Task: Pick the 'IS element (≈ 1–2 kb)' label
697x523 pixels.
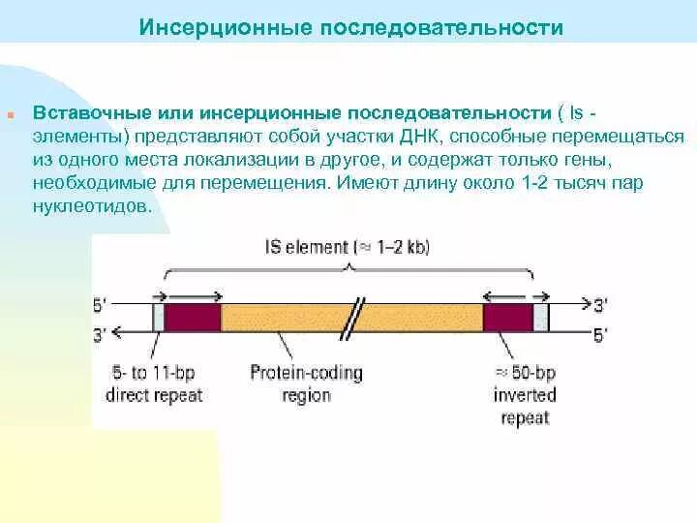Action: click(348, 247)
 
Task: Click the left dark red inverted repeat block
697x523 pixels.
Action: click(193, 318)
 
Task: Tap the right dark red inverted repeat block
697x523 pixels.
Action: click(507, 318)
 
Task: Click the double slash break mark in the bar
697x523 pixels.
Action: click(358, 317)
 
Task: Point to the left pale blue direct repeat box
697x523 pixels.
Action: click(159, 318)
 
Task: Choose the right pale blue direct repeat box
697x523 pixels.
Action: click(541, 318)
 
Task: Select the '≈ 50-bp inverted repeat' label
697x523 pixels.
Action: click(524, 394)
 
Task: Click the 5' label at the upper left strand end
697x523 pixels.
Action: click(101, 304)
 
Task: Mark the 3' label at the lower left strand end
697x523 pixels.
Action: click(101, 334)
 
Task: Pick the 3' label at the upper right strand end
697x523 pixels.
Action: click(600, 305)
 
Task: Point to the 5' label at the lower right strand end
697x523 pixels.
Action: click(600, 335)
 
